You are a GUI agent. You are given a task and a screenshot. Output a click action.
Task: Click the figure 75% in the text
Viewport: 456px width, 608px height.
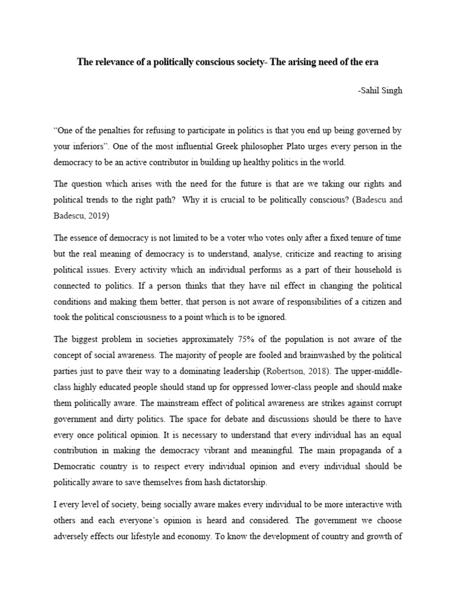click(x=256, y=339)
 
